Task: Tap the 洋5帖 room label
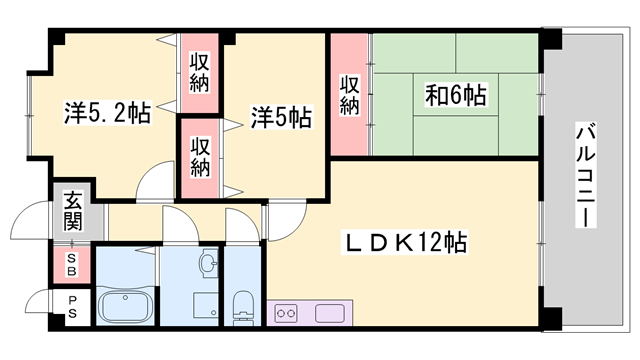tap(280, 118)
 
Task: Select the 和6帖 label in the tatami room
tap(456, 97)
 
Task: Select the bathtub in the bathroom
tap(124, 304)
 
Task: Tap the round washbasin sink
tap(206, 264)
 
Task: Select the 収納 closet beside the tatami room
tap(349, 94)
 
